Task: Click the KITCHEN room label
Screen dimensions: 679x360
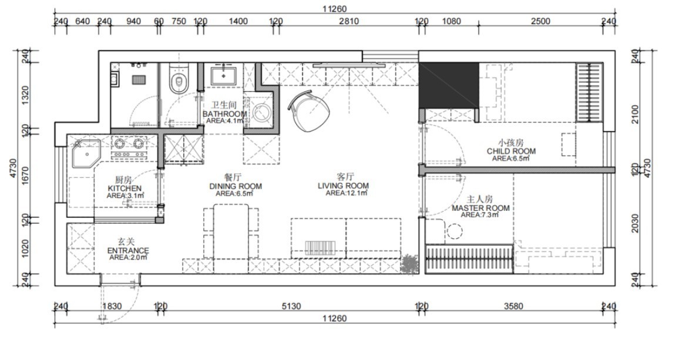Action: coord(125,189)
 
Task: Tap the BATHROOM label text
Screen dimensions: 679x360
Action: coord(225,114)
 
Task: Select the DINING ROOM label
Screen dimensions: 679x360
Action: coord(236,186)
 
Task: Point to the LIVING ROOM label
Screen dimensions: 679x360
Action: coord(344,186)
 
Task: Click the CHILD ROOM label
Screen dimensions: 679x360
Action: coord(511,151)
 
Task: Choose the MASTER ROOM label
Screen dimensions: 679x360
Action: coord(480,208)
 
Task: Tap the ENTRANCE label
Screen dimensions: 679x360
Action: coord(128,250)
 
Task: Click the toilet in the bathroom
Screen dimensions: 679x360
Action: coord(179,78)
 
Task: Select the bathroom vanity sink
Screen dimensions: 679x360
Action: coord(223,75)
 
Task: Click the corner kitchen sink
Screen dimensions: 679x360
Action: coord(86,153)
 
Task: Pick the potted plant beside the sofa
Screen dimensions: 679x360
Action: coord(409,264)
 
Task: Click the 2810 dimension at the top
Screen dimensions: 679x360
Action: coord(348,21)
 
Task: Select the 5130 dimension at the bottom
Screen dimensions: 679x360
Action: coord(291,307)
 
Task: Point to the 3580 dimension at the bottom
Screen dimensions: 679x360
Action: coord(513,307)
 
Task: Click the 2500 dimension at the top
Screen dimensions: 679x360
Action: coord(540,21)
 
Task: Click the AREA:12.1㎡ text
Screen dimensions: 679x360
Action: coord(347,193)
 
